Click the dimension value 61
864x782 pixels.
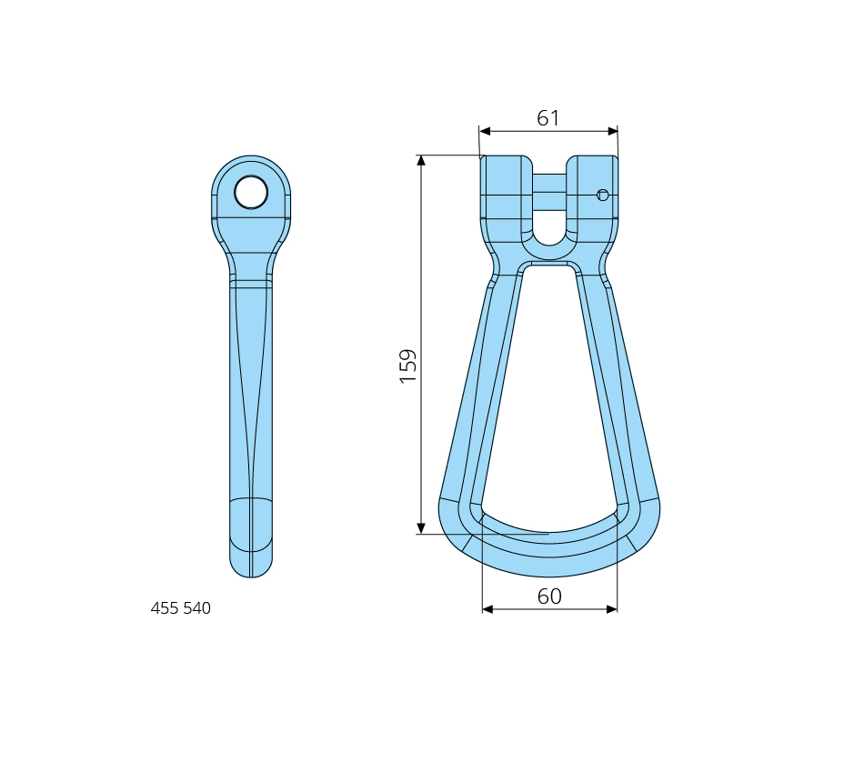[x=548, y=118]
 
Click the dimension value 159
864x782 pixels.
[x=408, y=366]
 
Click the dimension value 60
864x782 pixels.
[x=549, y=597]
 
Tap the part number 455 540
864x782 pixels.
[x=181, y=607]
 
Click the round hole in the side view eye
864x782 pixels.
[x=251, y=193]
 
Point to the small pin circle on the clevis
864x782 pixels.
[x=603, y=195]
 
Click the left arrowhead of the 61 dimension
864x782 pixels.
[x=485, y=131]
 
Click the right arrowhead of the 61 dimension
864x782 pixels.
[x=612, y=131]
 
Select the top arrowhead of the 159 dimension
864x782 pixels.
[x=421, y=160]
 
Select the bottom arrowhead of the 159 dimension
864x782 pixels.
[x=421, y=528]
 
